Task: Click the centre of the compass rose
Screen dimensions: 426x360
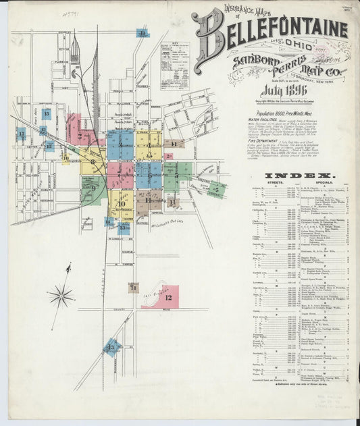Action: pyautogui.click(x=61, y=294)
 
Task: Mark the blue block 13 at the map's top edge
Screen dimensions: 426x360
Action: pyautogui.click(x=143, y=32)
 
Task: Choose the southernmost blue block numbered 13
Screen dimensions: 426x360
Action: pyautogui.click(x=111, y=347)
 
